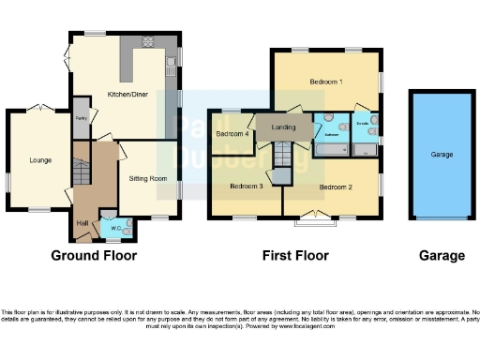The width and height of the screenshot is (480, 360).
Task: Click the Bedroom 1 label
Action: pyautogui.click(x=325, y=82)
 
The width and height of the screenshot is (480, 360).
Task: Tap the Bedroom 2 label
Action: pyautogui.click(x=335, y=187)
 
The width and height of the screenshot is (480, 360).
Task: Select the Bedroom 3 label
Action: pyautogui.click(x=247, y=186)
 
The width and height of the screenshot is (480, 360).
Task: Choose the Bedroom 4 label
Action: pyautogui.click(x=232, y=134)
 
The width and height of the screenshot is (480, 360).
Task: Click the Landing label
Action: pyautogui.click(x=284, y=127)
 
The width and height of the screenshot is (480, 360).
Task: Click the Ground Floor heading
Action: pyautogui.click(x=94, y=255)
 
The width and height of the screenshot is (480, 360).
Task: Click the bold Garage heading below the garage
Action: pyautogui.click(x=441, y=255)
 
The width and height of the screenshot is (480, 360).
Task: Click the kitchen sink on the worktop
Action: pyautogui.click(x=170, y=65)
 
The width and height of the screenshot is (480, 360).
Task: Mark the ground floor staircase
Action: pyautogui.click(x=81, y=173)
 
